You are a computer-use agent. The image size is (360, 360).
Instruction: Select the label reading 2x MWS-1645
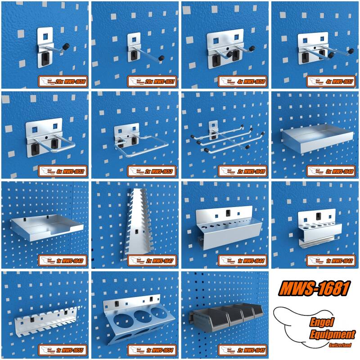(243, 351)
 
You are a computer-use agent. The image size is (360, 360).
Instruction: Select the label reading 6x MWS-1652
(63, 171)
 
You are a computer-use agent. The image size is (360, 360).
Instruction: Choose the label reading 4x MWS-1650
(243, 81)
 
